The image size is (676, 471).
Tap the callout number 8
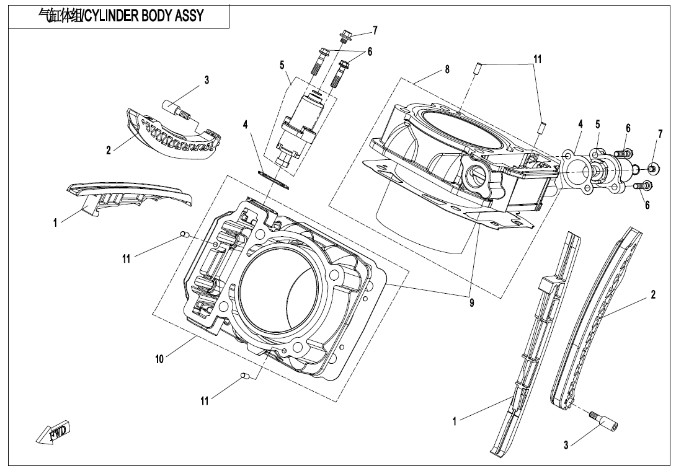click(447, 70)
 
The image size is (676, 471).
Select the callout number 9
click(472, 303)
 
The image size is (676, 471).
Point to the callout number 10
click(159, 359)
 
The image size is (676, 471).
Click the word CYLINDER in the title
click(112, 16)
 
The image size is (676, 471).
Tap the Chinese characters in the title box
click(59, 16)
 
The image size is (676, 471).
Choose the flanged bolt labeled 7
click(345, 34)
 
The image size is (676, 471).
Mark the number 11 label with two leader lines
click(537, 59)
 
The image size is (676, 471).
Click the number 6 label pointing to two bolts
click(370, 52)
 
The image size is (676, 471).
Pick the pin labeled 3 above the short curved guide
click(177, 108)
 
